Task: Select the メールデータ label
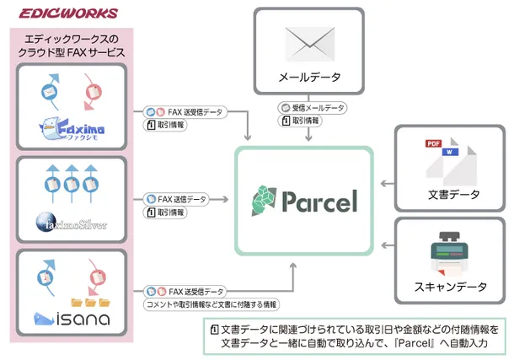310,78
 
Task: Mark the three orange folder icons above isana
92,301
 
